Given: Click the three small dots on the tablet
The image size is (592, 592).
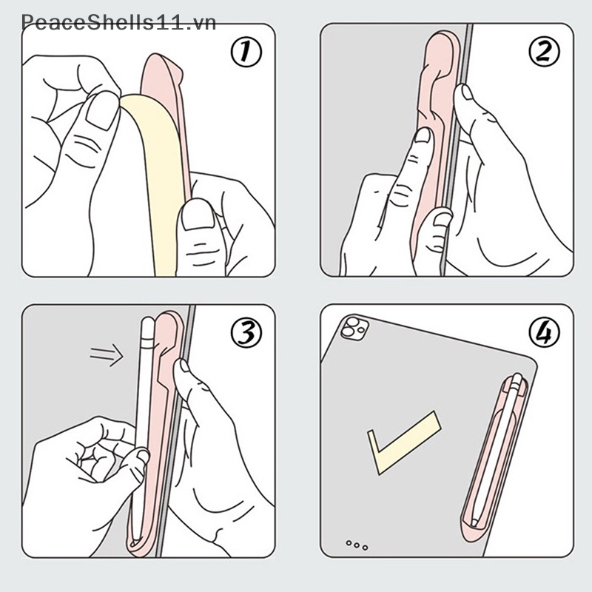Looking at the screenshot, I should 357,545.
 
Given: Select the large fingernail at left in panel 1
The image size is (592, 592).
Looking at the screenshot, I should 94,118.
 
